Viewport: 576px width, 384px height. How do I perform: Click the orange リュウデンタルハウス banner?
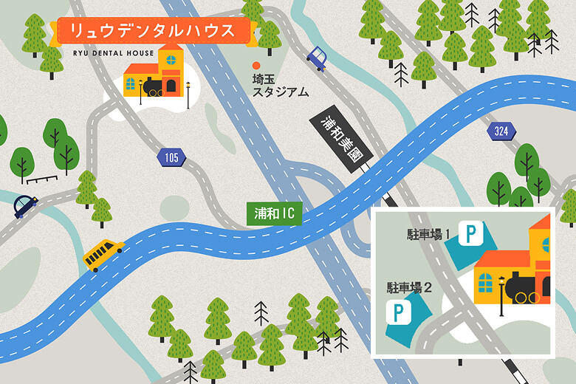click(154, 31)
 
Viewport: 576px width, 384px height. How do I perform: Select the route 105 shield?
click(171, 157)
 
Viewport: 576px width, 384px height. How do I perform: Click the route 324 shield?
click(501, 132)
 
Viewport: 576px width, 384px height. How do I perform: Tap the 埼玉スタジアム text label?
click(281, 85)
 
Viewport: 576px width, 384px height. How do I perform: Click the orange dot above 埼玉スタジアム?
click(256, 65)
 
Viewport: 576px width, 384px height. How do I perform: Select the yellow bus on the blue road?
click(103, 254)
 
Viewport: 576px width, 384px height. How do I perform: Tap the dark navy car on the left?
click(25, 206)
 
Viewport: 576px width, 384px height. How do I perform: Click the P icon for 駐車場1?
click(470, 235)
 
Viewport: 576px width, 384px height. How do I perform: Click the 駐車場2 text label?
click(408, 287)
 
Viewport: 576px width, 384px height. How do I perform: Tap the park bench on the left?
click(41, 178)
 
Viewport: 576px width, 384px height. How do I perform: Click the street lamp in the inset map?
click(502, 296)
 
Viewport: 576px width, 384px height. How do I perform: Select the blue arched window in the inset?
click(485, 281)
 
